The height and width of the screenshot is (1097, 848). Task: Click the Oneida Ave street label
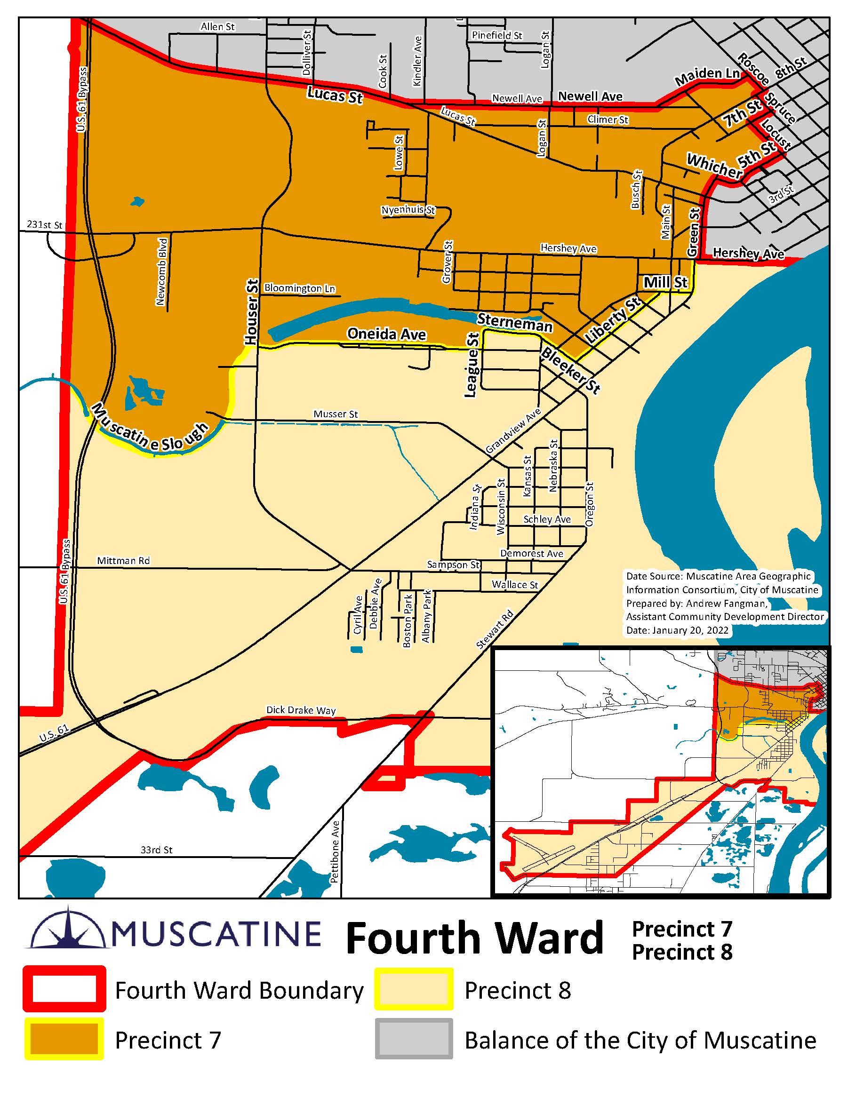coord(386,334)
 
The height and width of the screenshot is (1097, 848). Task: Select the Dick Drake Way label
coord(300,710)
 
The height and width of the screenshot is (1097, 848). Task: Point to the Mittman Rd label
coord(123,561)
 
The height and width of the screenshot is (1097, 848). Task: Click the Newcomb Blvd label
coord(162,271)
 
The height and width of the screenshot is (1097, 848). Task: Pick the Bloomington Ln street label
coord(299,288)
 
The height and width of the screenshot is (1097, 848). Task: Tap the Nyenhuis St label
coord(408,210)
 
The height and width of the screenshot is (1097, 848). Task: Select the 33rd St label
coord(156,850)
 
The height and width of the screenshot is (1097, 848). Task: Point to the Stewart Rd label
coord(495,629)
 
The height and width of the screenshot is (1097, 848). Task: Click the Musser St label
coord(336,414)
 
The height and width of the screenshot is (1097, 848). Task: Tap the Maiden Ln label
coord(707,76)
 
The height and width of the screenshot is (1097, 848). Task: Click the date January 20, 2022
coord(677,630)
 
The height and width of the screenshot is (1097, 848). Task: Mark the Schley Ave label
coord(546,519)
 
